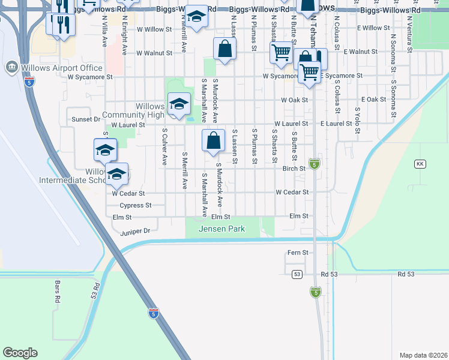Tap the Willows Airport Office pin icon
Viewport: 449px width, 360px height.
[11, 67]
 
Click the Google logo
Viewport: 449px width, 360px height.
[20, 353]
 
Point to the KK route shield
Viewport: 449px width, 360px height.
[420, 164]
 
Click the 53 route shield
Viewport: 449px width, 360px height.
[297, 274]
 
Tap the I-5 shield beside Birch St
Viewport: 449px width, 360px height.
[315, 163]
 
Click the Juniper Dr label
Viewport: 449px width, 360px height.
[135, 230]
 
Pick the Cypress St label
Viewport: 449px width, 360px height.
[132, 205]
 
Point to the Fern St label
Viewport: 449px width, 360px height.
[298, 253]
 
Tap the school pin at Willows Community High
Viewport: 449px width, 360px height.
[179, 104]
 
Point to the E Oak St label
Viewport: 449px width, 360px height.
[373, 99]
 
